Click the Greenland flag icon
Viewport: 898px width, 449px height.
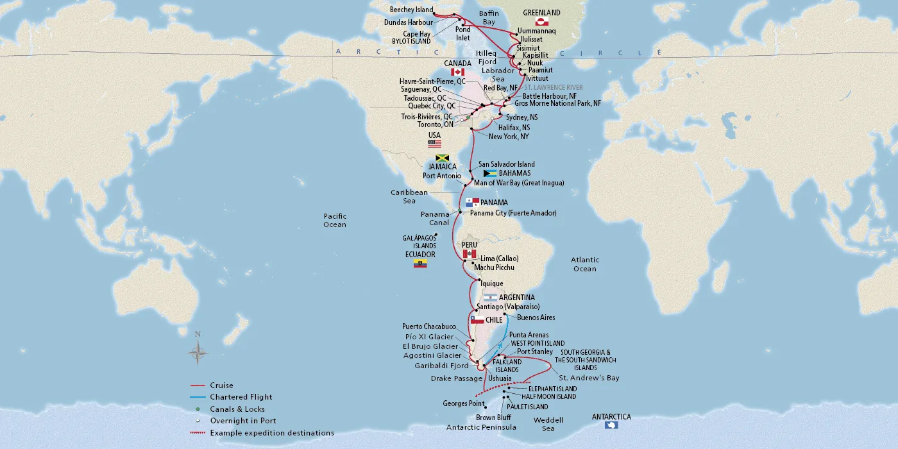point(541,22)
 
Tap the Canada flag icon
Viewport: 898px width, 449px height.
point(457,72)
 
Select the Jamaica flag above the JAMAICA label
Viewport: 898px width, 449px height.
point(441,158)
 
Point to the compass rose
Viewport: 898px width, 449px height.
point(198,352)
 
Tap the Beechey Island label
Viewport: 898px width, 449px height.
point(411,10)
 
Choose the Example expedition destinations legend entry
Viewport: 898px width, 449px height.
point(271,433)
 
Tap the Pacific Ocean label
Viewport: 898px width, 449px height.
point(335,221)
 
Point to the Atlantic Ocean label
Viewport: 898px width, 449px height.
point(584,264)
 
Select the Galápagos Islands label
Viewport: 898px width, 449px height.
point(419,242)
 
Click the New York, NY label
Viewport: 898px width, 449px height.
point(508,137)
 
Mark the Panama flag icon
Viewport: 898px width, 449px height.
point(473,203)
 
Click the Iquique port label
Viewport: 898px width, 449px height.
point(491,284)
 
